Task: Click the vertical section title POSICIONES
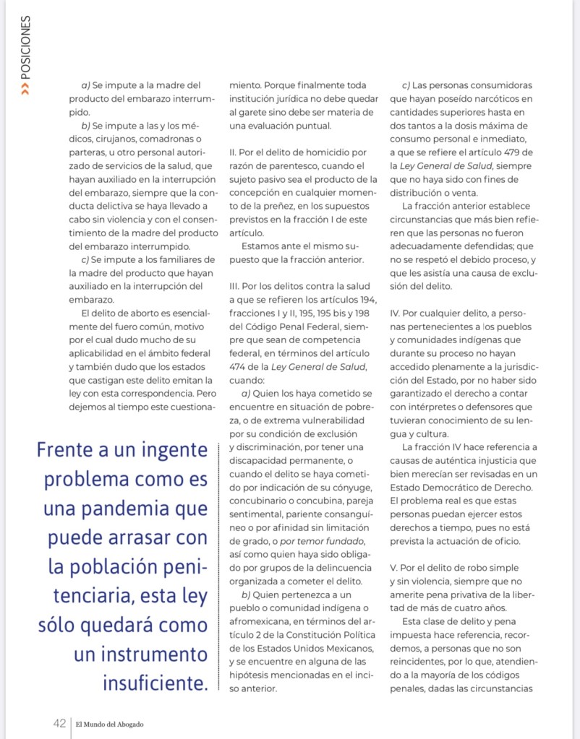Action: pos(26,48)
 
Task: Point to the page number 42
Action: pos(59,723)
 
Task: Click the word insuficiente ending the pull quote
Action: pos(153,681)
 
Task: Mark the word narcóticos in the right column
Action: pos(492,99)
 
